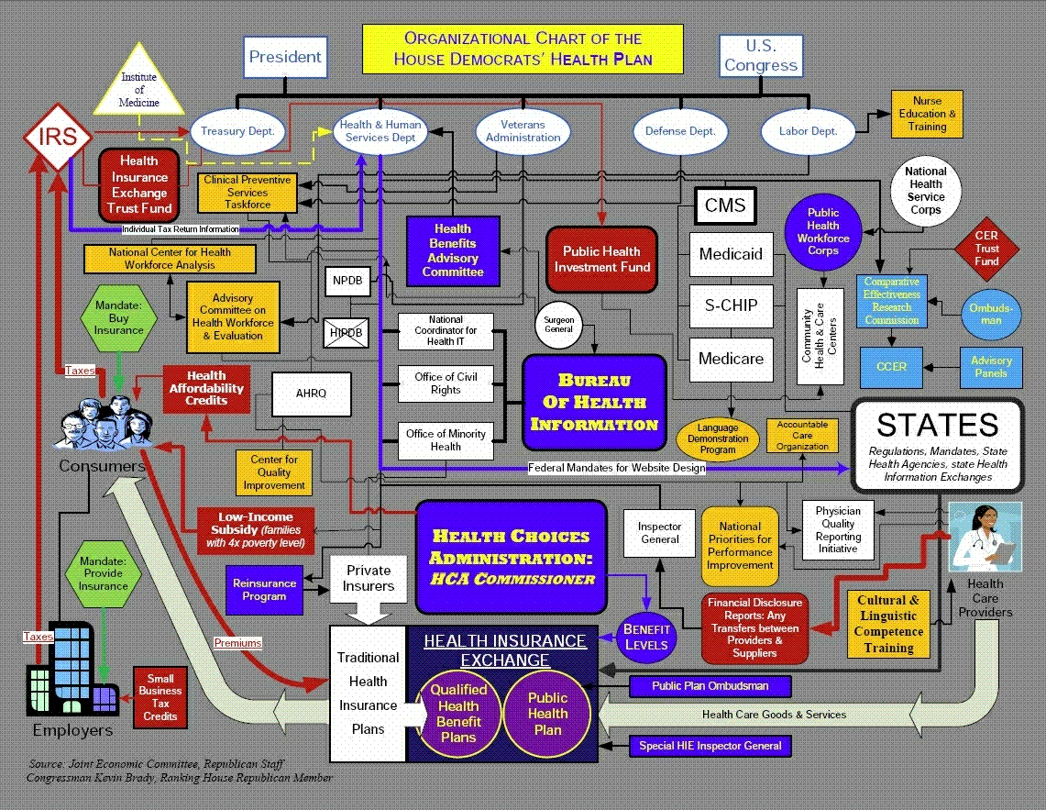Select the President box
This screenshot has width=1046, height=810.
[285, 57]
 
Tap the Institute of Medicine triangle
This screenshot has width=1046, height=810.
[139, 87]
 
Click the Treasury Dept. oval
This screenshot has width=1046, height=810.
[237, 131]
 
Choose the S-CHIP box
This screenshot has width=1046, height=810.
[731, 305]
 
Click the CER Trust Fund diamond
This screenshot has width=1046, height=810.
[986, 248]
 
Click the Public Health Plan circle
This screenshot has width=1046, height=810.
[547, 713]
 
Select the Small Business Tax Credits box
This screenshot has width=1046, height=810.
[160, 697]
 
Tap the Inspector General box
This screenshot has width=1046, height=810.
[660, 533]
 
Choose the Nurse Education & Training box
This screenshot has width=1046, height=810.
[927, 114]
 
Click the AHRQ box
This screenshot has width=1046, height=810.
[311, 394]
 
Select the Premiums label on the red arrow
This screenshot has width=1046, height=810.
[237, 643]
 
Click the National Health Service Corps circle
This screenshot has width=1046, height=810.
[925, 191]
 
